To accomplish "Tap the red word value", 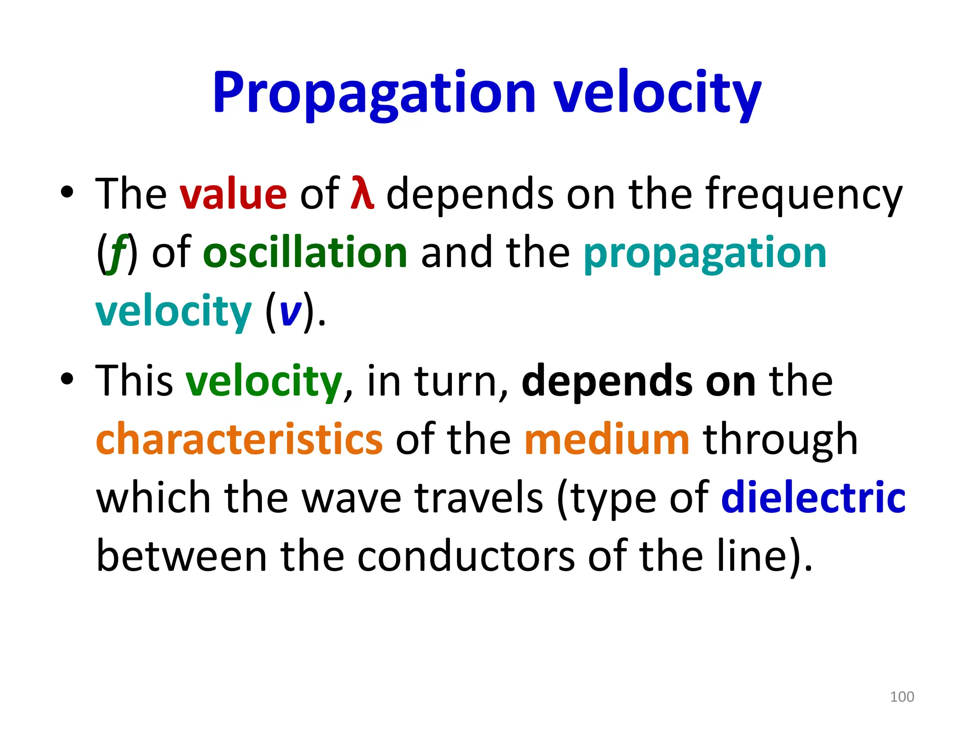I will pyautogui.click(x=233, y=194).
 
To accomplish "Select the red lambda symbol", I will pyautogui.click(x=362, y=194).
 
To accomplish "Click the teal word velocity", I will pyautogui.click(x=173, y=312).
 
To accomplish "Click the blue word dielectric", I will pyautogui.click(x=813, y=497).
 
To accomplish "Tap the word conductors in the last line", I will pyautogui.click(x=466, y=556).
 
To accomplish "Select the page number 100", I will pyautogui.click(x=902, y=697).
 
